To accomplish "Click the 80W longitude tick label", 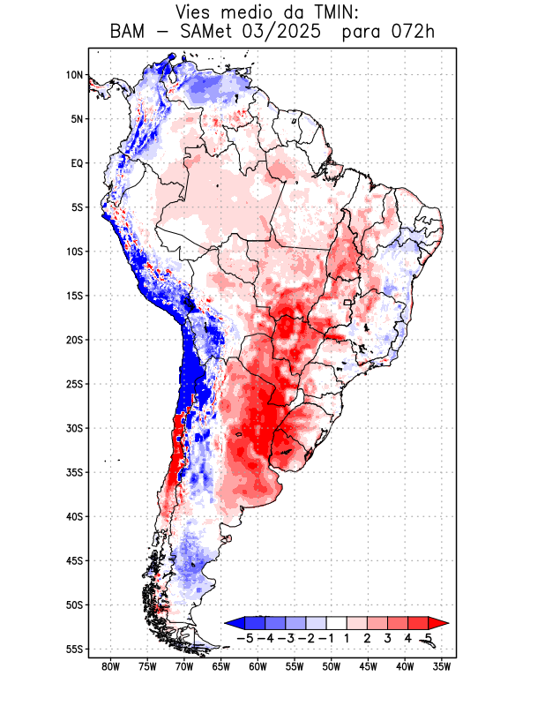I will (x=110, y=667).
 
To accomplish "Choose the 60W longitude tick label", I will (x=258, y=667).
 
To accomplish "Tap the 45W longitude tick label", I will (x=368, y=667).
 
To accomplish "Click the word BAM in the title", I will (x=129, y=33).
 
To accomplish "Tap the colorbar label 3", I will (x=388, y=638).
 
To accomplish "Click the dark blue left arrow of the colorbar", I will (x=233, y=622).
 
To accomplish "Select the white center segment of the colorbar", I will (x=337, y=622).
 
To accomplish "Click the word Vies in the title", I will (x=195, y=12).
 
